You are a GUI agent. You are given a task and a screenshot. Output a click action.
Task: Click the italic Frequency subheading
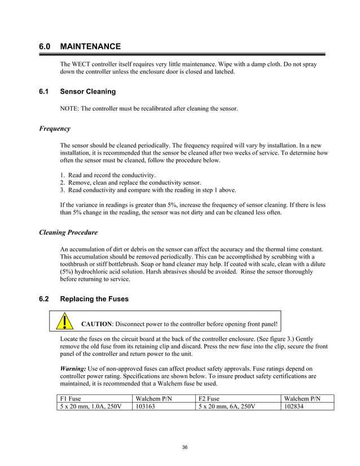[55, 129]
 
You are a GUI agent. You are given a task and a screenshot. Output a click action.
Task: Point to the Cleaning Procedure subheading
[68, 232]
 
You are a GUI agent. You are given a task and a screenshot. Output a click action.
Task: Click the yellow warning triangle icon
[67, 322]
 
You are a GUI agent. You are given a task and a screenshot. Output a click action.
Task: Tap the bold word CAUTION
[98, 324]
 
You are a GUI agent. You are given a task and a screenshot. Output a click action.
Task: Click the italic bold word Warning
[73, 368]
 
